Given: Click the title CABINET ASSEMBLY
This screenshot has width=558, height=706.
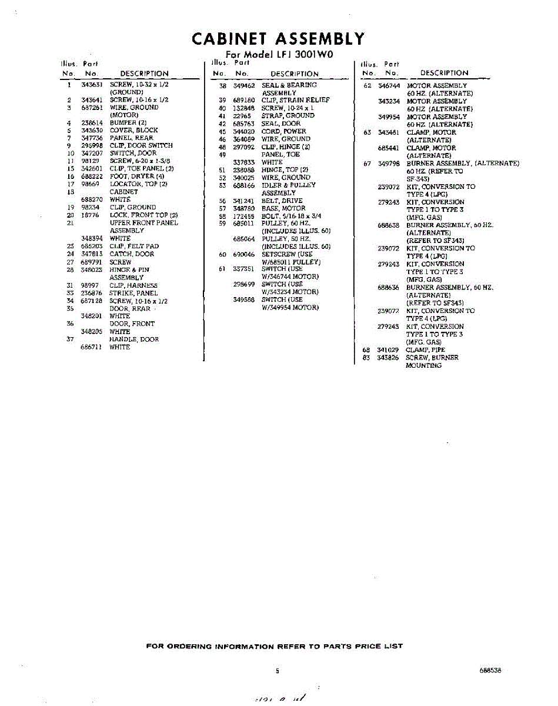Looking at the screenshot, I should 278,39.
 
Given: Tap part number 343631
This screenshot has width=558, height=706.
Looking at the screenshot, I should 92,85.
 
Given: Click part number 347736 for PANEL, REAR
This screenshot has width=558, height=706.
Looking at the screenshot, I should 92,138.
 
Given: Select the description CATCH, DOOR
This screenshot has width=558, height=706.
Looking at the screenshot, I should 132,254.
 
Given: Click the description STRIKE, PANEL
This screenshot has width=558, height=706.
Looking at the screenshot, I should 133,293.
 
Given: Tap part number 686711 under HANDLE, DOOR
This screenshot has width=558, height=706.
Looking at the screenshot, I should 92,347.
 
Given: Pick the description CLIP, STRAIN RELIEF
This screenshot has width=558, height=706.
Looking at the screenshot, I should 295,100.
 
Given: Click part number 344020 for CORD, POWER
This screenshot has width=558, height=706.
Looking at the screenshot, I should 243,131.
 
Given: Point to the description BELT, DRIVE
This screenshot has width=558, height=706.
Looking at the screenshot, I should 282,201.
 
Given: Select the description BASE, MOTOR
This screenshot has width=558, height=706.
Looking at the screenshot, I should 283,208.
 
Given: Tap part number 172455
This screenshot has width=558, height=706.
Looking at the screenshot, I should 243,216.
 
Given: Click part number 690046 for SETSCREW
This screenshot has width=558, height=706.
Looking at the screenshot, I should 243,254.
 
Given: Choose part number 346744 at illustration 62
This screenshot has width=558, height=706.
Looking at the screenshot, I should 389,86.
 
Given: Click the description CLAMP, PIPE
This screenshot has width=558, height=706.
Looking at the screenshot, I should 426,350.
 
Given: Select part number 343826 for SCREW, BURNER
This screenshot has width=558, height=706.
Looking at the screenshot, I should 389,358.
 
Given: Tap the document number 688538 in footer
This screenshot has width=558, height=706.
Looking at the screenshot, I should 490,670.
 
